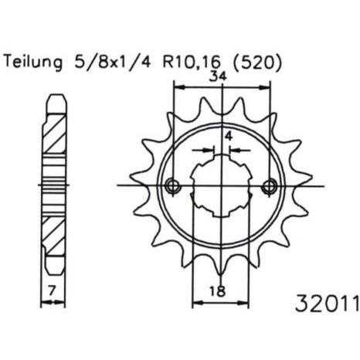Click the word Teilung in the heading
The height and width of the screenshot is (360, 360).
click(x=33, y=63)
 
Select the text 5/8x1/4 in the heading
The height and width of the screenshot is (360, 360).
click(x=112, y=63)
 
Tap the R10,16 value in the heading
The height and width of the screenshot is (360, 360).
click(x=192, y=63)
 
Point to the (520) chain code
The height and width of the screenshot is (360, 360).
click(x=256, y=63)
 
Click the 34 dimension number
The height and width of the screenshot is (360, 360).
click(x=218, y=76)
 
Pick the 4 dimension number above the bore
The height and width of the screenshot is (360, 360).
click(x=229, y=136)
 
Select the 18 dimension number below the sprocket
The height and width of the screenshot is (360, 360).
click(x=217, y=291)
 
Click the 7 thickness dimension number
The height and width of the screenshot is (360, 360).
click(x=52, y=291)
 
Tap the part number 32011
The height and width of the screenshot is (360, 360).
click(x=327, y=303)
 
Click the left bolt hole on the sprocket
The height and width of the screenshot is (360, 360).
click(x=173, y=185)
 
